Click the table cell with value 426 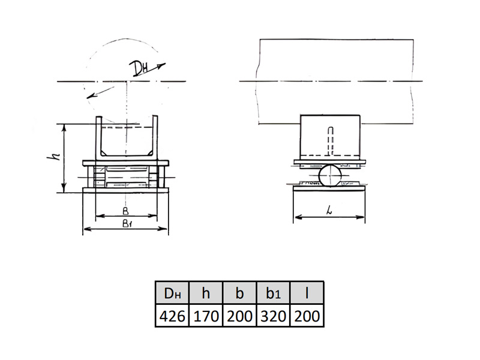172,316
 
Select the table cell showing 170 206,316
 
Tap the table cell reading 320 273,316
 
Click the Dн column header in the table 172,293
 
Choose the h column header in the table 206,293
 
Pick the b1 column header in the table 273,293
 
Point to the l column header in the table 307,293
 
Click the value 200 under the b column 239,316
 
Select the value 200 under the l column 307,316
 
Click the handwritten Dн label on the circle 139,68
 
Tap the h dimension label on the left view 53,157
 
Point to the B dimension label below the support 125,211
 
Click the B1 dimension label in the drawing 127,224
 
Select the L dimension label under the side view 329,210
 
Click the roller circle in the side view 329,175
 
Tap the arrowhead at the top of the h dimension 64,128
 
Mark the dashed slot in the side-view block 331,141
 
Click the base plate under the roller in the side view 329,188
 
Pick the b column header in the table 239,293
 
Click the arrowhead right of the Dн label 161,65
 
